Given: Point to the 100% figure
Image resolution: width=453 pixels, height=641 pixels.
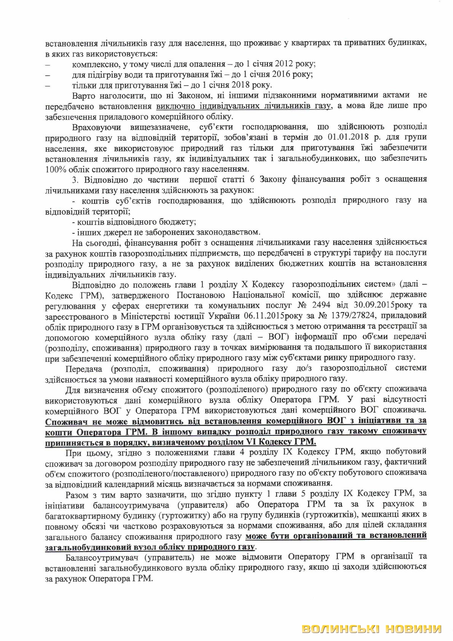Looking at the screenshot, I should tap(54, 168).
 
